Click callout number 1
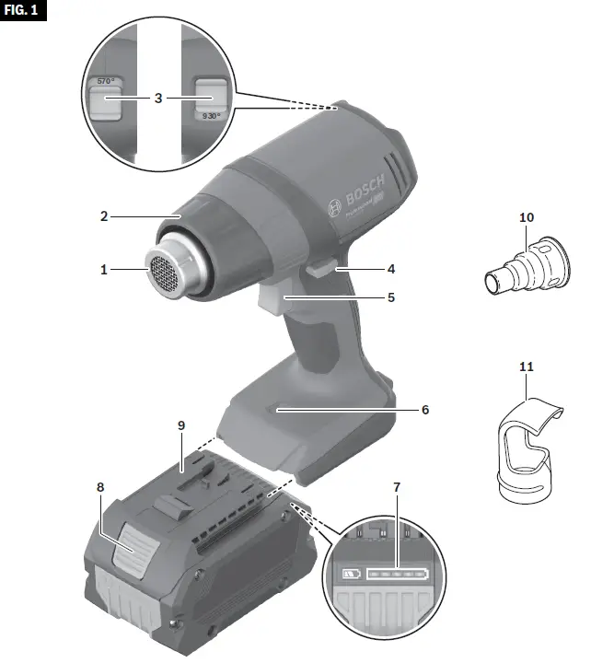pyautogui.click(x=105, y=270)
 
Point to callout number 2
pyautogui.click(x=105, y=216)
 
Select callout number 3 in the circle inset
pyautogui.click(x=157, y=96)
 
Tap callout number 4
pyautogui.click(x=390, y=270)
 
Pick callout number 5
pyautogui.click(x=390, y=297)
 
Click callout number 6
pyautogui.click(x=424, y=408)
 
